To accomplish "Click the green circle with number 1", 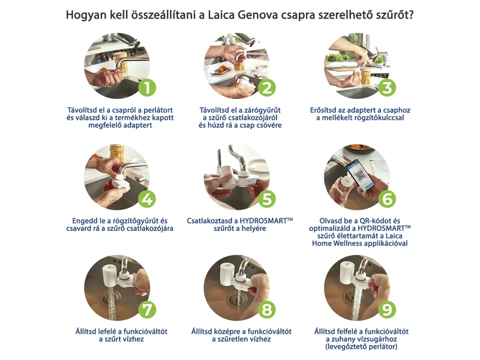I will [x=147, y=88].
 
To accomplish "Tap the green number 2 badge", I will [x=267, y=88].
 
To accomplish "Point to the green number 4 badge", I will [x=147, y=199].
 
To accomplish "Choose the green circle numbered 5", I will [x=267, y=199].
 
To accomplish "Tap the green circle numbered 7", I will [x=147, y=310].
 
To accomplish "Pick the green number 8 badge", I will [x=267, y=310].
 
